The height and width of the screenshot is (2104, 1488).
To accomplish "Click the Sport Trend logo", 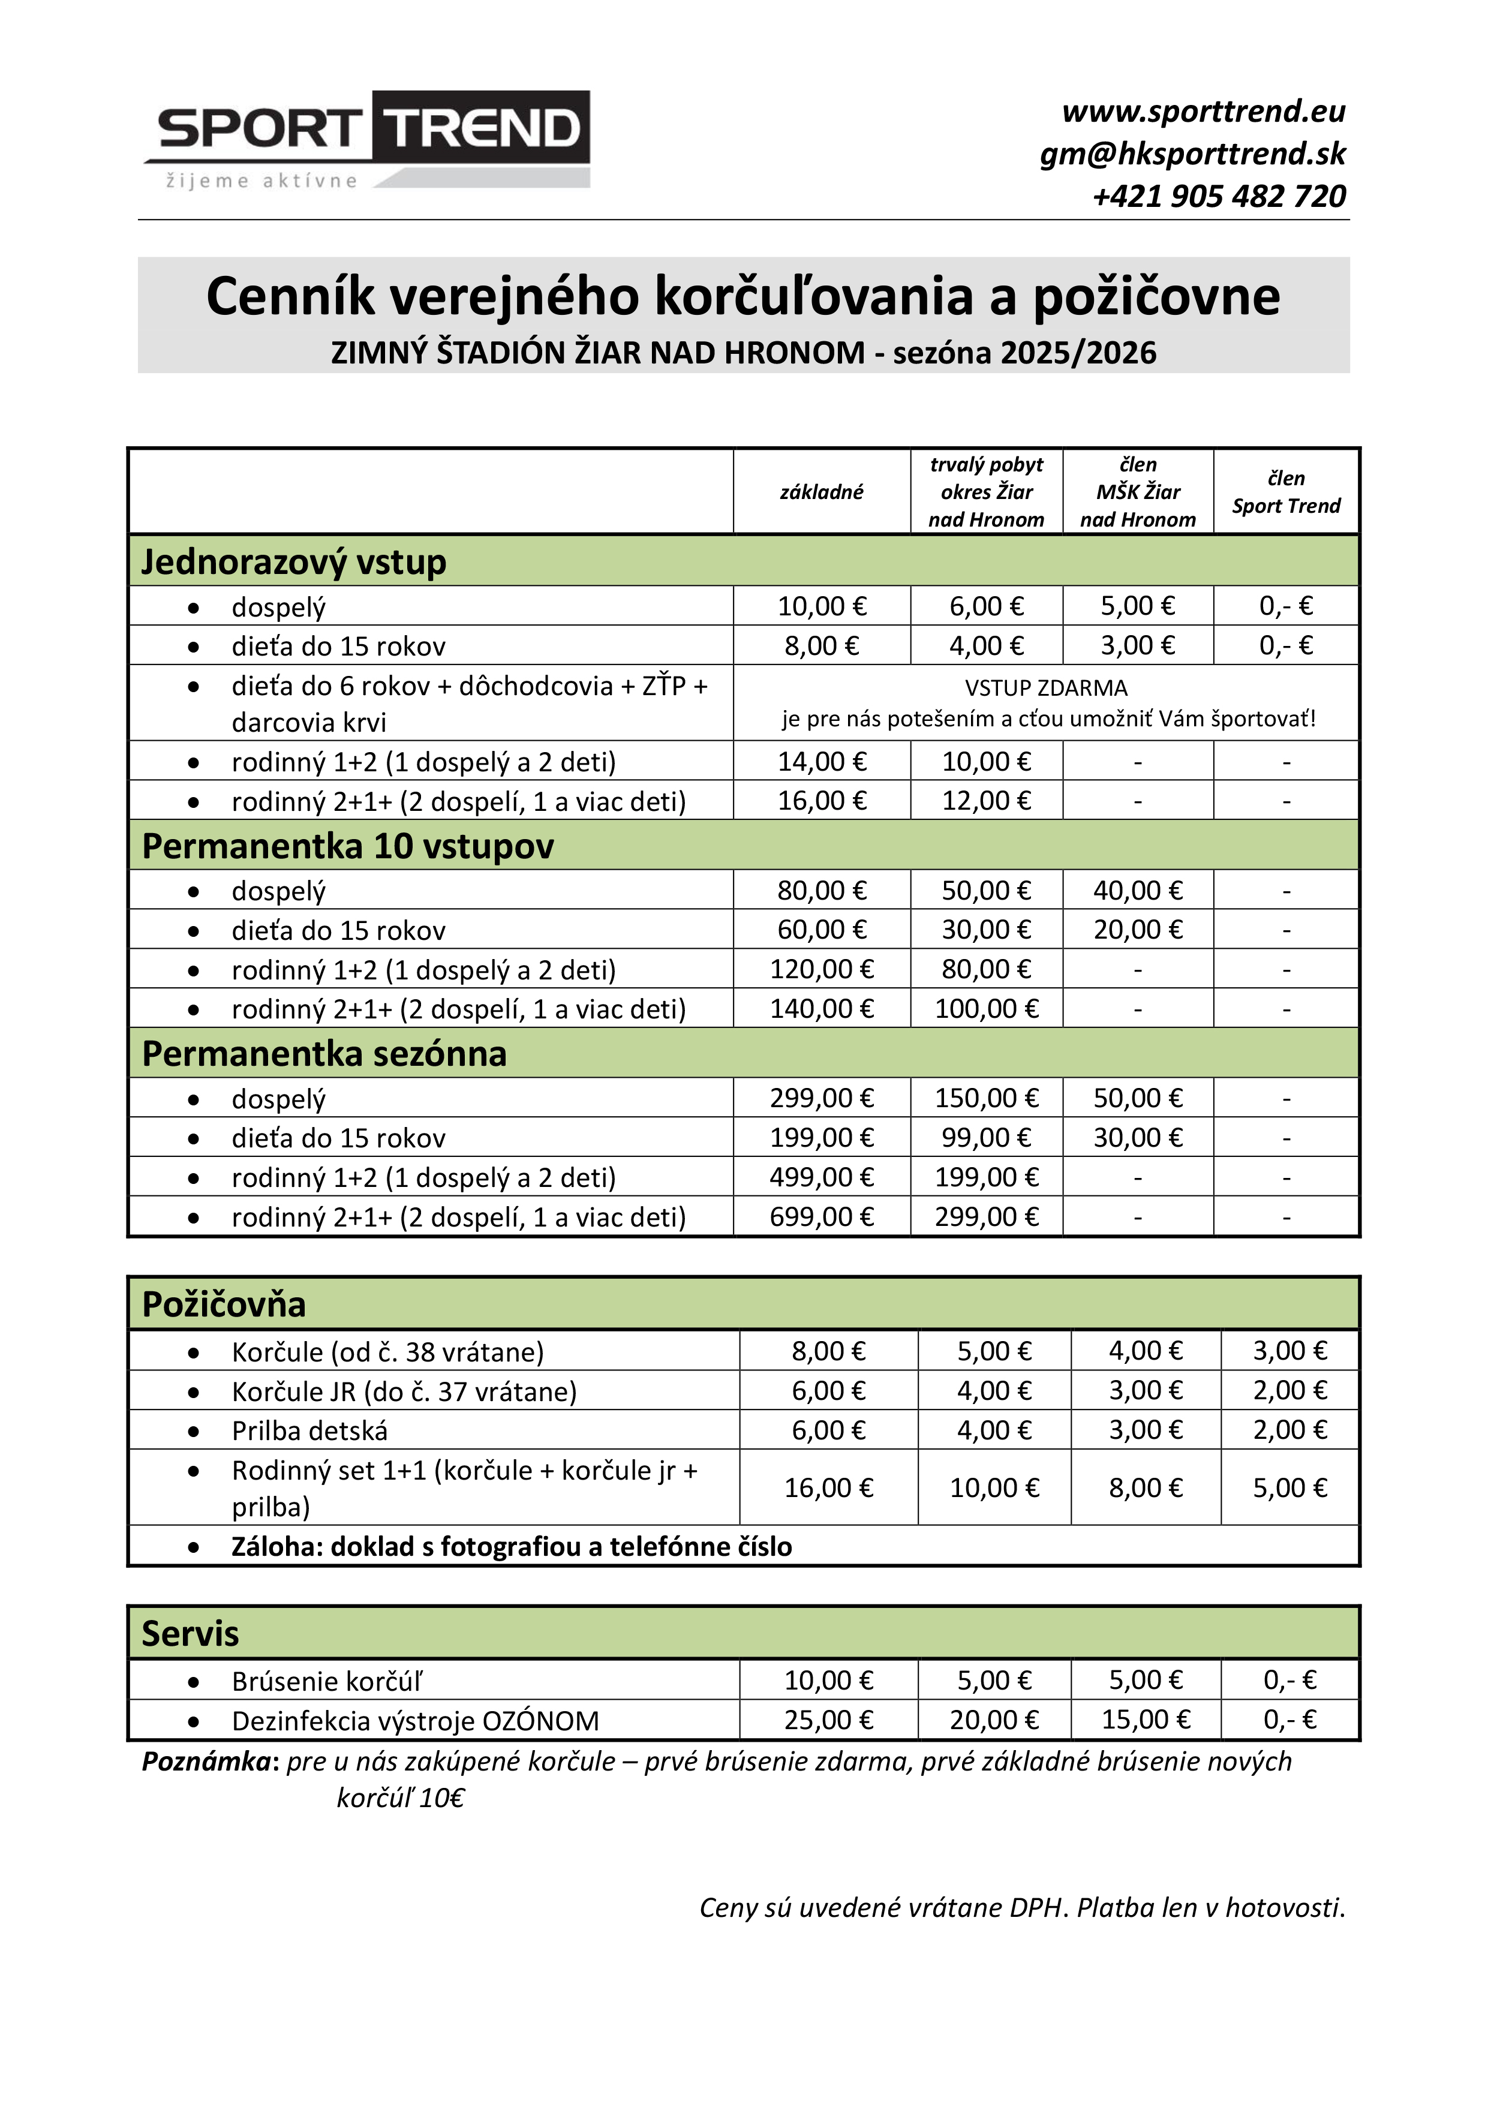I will [366, 139].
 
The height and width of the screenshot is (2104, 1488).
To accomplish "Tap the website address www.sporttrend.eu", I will [1203, 112].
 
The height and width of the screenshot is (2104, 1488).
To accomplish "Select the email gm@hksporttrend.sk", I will [1192, 154].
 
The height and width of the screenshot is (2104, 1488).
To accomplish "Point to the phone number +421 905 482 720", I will [1219, 196].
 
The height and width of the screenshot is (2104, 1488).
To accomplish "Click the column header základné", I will [821, 492].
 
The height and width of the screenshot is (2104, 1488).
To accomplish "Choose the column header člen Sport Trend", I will [1285, 492].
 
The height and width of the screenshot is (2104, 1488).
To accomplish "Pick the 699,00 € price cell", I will [821, 1217].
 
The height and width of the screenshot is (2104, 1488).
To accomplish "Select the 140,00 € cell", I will [821, 1009].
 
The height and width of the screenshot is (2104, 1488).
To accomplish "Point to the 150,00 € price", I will [986, 1098].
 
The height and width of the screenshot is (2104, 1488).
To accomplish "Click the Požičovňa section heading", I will [224, 1304].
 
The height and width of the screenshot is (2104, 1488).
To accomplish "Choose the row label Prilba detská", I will [309, 1430].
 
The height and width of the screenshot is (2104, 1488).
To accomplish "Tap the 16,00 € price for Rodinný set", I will [828, 1487].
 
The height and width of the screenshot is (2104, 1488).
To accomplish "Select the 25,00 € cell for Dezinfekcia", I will [828, 1720].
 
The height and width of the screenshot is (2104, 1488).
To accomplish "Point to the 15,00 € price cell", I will [1146, 1720].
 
